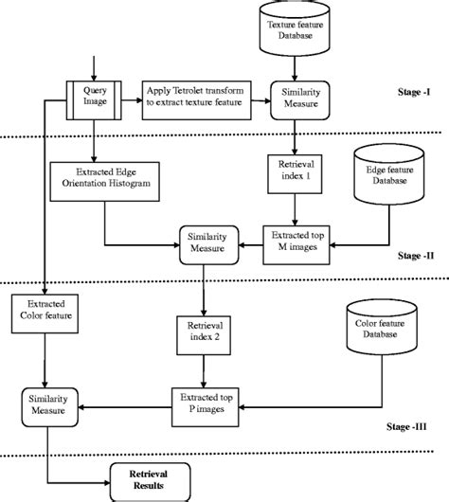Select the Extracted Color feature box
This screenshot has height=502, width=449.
click(44, 309)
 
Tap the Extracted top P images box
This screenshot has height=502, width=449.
click(202, 402)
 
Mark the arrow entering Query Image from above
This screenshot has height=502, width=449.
click(93, 72)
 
